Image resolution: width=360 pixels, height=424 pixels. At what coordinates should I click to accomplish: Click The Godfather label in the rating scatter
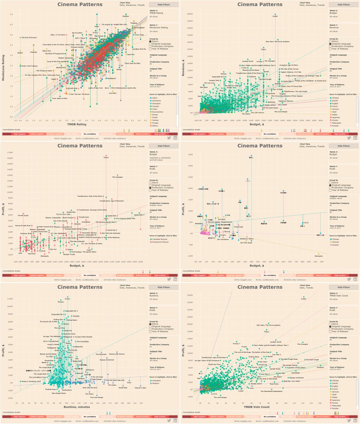(x=139, y=28)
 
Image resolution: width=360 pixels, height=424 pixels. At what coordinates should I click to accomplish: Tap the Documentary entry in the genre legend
(x=157, y=112)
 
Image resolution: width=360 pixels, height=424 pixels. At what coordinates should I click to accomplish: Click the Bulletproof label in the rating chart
(x=111, y=78)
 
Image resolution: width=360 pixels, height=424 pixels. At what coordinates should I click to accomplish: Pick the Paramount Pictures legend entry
(x=160, y=242)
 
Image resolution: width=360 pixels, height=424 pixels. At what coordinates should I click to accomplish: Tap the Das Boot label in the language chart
(x=222, y=219)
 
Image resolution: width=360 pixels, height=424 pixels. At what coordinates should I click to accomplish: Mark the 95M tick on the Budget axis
(x=322, y=262)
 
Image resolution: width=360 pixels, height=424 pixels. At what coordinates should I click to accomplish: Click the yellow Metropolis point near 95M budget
(x=319, y=254)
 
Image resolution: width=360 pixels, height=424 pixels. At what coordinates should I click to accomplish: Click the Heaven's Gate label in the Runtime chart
(x=140, y=388)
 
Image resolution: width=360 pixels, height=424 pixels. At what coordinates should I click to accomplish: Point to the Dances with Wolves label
(x=116, y=354)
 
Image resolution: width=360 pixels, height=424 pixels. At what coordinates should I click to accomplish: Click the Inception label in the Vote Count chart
(x=320, y=367)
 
